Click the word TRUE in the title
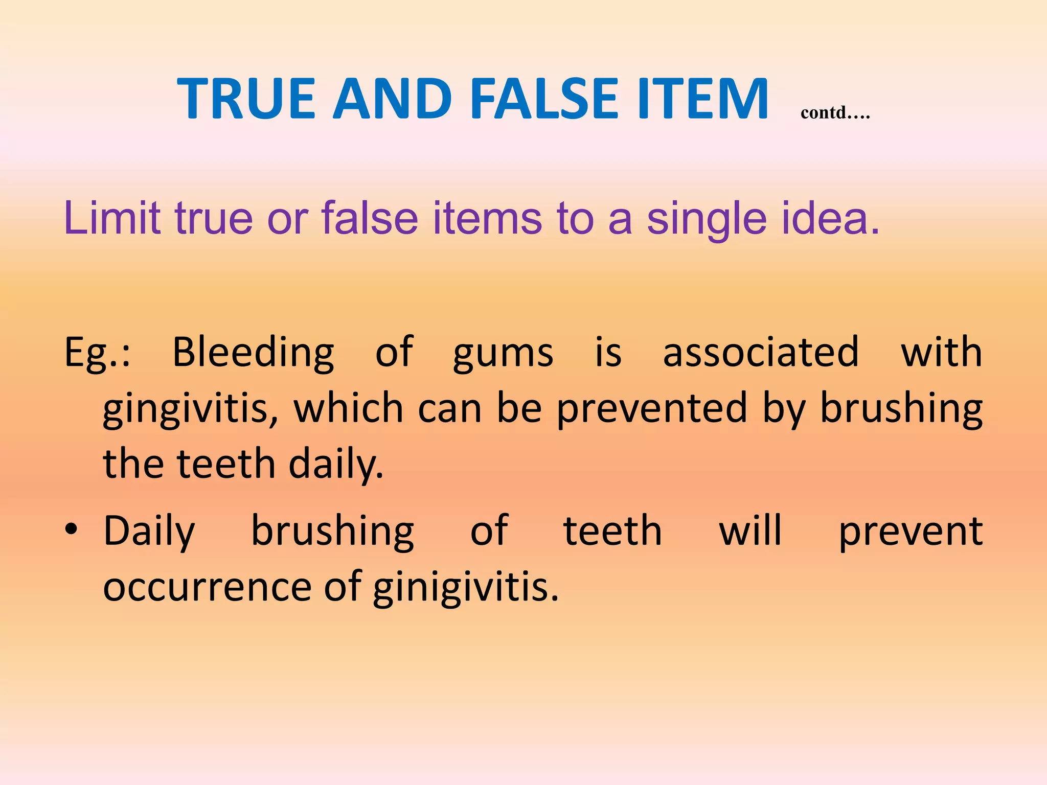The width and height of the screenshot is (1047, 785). [246, 98]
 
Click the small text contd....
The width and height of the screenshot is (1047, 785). [835, 112]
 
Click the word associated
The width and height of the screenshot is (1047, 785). [760, 353]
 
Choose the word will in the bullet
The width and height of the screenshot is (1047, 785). [750, 530]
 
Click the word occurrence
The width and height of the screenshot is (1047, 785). [207, 587]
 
